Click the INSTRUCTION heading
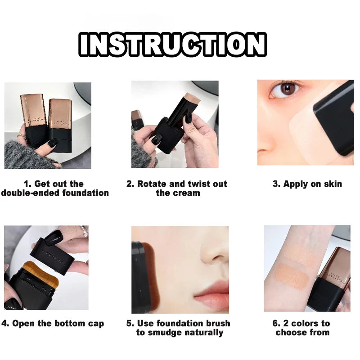pos(173,44)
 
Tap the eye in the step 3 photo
pos(285,90)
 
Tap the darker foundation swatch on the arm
pos(292,276)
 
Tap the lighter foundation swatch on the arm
pos(298,253)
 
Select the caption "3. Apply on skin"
pos(307,184)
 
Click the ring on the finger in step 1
pos(21,136)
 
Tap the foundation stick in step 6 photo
pos(331,278)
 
